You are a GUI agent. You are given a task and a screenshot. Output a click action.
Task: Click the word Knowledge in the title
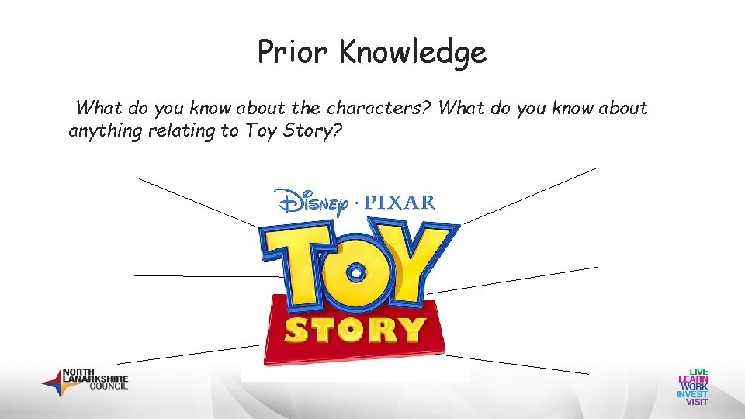pyautogui.click(x=413, y=53)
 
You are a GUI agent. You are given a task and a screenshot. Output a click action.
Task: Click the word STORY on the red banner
pyautogui.click(x=355, y=330)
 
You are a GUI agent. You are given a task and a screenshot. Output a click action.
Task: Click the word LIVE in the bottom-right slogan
pyautogui.click(x=694, y=372)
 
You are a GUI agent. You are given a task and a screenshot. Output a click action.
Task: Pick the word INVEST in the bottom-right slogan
pyautogui.click(x=692, y=394)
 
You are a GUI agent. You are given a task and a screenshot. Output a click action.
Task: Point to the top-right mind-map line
pyautogui.click(x=531, y=195)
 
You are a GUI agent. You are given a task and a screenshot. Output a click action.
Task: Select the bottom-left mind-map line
pyautogui.click(x=189, y=353)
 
